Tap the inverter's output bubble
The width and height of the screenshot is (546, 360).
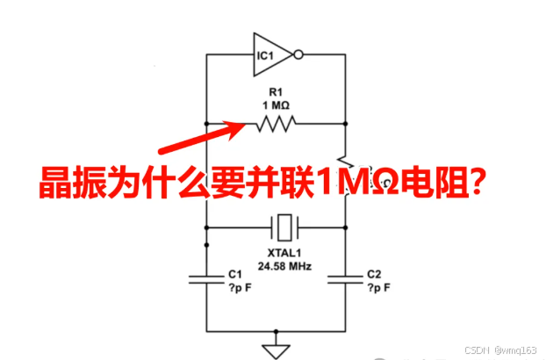(298, 55)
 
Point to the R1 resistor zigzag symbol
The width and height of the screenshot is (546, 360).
(275, 125)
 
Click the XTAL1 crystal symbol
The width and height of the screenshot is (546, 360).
(283, 228)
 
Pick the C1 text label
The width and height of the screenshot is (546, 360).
(233, 274)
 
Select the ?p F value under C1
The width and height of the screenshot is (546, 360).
(239, 287)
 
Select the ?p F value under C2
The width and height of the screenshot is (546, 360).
(378, 287)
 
